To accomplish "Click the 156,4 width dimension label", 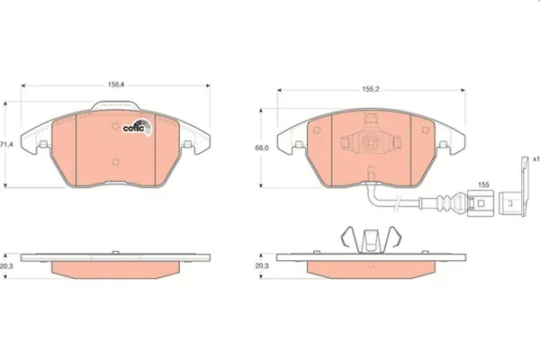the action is (x=116, y=85).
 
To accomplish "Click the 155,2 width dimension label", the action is (x=370, y=89).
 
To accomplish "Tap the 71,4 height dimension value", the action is (x=6, y=145).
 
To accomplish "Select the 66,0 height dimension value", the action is (x=262, y=148).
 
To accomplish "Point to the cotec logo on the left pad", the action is (x=137, y=128).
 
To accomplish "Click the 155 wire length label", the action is (x=483, y=184).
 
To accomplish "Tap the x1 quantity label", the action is (x=535, y=159).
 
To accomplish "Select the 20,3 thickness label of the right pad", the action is (x=262, y=266).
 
